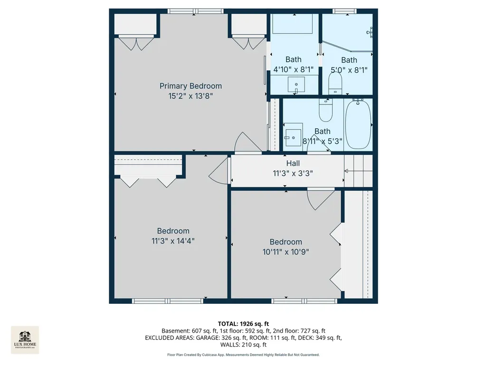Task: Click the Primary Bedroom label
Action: tap(191, 86)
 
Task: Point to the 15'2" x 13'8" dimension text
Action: tap(191, 96)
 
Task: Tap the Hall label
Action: tap(293, 163)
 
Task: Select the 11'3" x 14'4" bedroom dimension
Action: tap(173, 241)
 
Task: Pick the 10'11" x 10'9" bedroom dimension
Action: tap(286, 252)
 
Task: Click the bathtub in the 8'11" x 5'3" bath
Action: tap(358, 124)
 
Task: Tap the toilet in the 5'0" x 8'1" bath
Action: tap(335, 83)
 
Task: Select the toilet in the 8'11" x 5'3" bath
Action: tap(326, 110)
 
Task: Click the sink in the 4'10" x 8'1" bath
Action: tap(296, 84)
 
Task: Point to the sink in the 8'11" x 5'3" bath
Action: tap(293, 138)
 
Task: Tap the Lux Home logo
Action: tap(25, 340)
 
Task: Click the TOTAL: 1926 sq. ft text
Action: tap(243, 324)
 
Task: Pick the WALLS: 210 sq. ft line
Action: tap(243, 345)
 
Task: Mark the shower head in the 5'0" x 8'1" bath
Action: tap(370, 32)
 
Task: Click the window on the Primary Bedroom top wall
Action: tap(195, 11)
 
